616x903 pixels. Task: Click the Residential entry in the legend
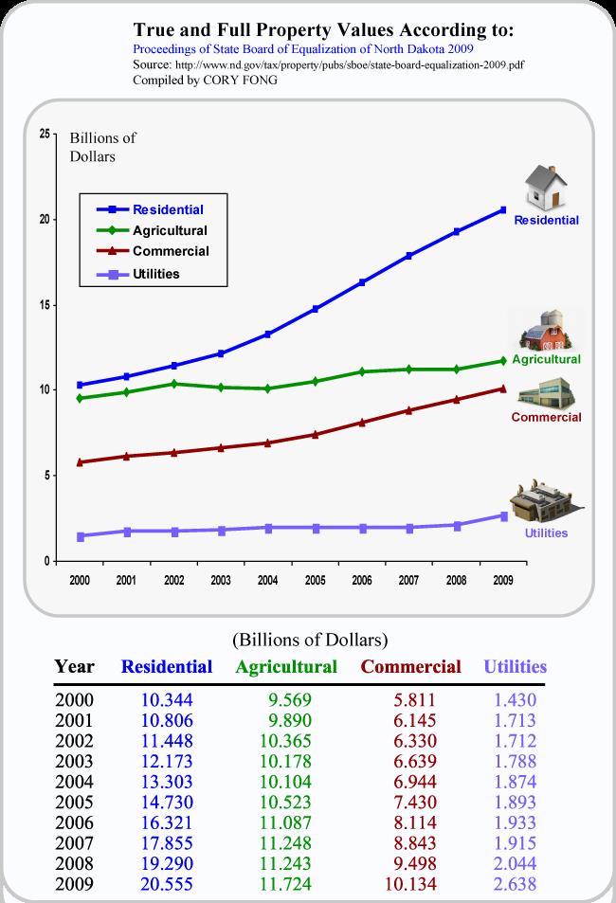168,209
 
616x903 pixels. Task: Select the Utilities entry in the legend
156,274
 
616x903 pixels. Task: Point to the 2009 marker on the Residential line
503,209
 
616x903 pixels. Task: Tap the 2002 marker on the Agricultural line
173,384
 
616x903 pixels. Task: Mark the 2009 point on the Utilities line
503,515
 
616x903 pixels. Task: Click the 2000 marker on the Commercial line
80,462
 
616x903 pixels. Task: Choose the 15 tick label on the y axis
45,305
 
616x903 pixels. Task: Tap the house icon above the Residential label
545,188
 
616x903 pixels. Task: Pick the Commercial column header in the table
411,666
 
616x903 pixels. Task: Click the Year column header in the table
74,666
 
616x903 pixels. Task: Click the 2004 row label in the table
74,781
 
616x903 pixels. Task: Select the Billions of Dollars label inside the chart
103,148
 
